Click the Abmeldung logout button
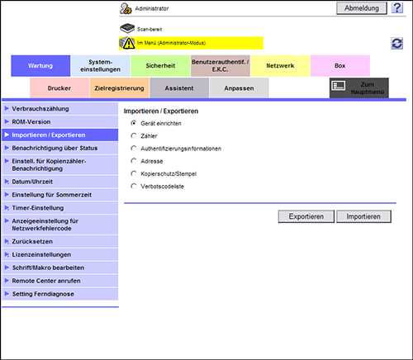(x=362, y=8)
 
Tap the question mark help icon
(x=397, y=8)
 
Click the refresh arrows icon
(x=397, y=44)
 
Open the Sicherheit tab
(x=160, y=66)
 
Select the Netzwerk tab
(x=280, y=66)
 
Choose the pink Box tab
(x=340, y=66)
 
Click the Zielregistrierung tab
(x=119, y=88)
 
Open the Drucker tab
(x=59, y=88)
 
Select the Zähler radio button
(x=134, y=135)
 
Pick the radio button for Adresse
(x=134, y=161)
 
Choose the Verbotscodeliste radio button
(x=134, y=187)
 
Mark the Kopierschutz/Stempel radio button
(x=134, y=173)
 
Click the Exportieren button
(x=306, y=216)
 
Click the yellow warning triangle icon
(x=129, y=44)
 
